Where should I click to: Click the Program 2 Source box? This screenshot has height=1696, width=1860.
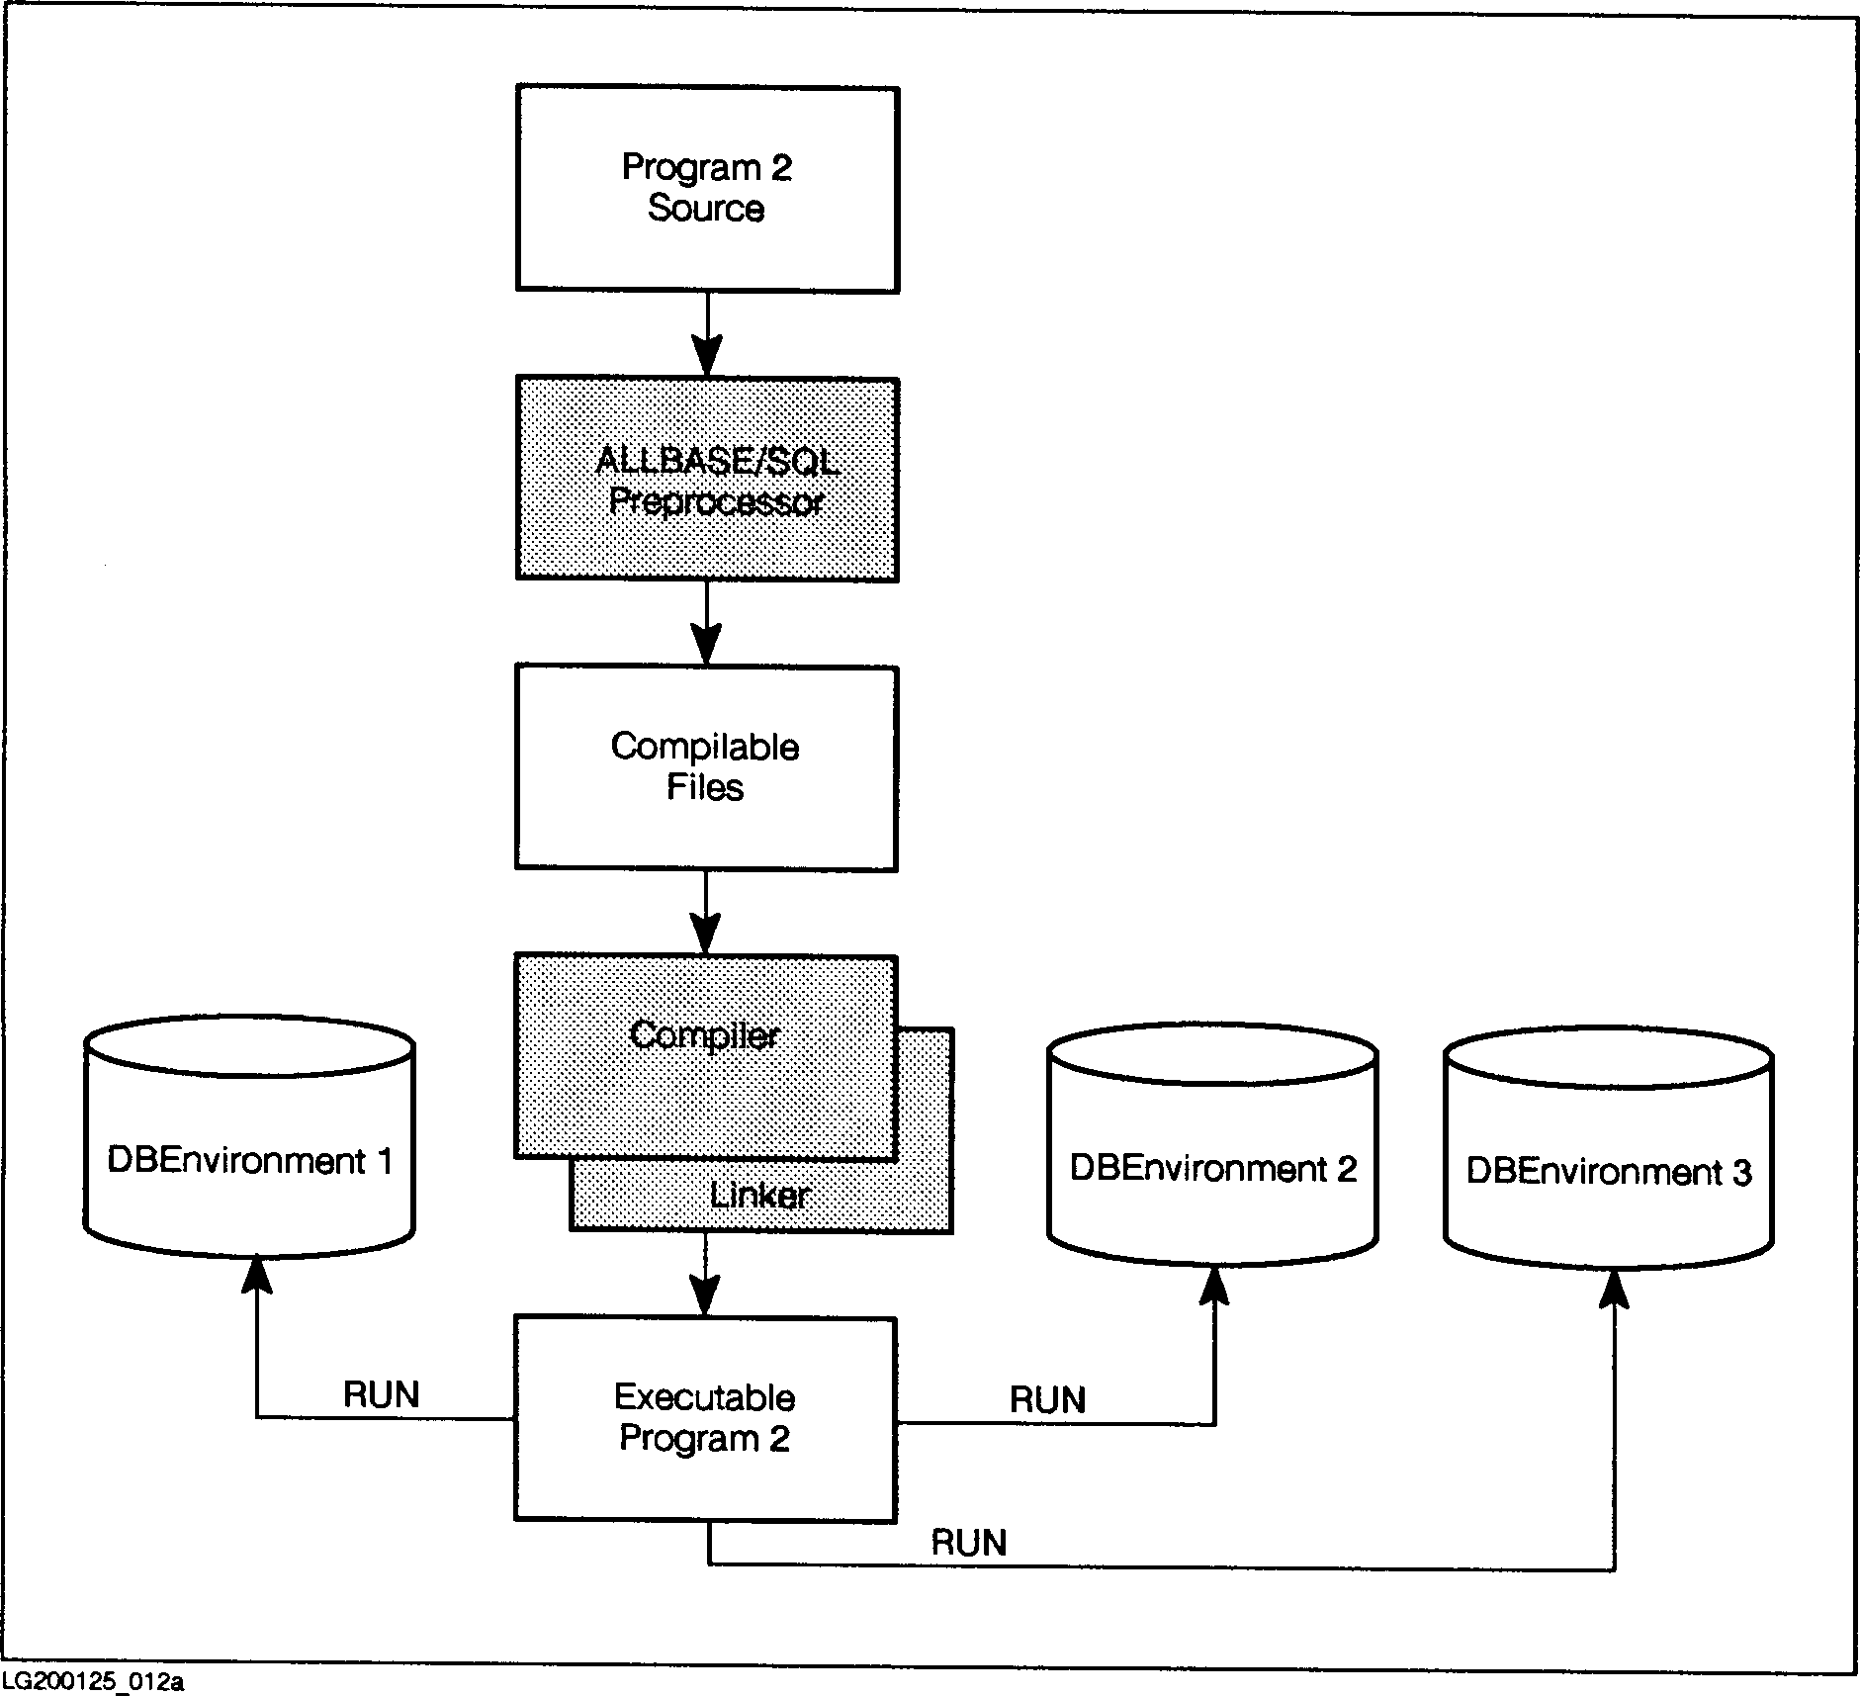click(x=707, y=189)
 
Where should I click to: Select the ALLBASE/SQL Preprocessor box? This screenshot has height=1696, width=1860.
click(x=707, y=480)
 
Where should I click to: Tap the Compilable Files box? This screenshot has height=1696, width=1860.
click(x=706, y=767)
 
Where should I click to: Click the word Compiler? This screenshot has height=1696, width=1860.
click(x=704, y=1035)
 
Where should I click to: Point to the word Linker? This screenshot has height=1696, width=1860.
click(x=759, y=1196)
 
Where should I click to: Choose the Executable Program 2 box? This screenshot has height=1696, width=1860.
click(x=705, y=1418)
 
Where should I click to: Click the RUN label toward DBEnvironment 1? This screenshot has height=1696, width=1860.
click(x=382, y=1394)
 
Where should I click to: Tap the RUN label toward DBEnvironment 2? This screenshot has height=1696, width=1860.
click(x=1047, y=1399)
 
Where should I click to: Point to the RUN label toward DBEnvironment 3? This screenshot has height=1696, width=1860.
click(x=968, y=1542)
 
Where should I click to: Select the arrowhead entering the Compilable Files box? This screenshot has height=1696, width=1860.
click(x=706, y=645)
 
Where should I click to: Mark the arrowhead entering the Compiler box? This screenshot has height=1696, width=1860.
click(x=706, y=935)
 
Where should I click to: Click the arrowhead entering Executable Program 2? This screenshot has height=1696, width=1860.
click(x=706, y=1296)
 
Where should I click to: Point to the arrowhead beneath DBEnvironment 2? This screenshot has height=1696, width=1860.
click(x=1214, y=1285)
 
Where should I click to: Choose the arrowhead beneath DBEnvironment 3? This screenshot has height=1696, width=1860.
click(x=1614, y=1289)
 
